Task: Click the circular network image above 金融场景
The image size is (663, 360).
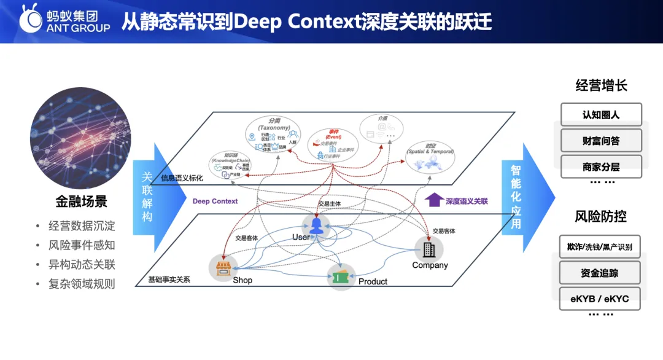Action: tap(80, 136)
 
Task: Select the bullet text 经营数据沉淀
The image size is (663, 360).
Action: tap(82, 225)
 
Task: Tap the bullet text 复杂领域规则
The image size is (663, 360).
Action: tap(82, 284)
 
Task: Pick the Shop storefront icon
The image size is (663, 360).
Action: tap(222, 267)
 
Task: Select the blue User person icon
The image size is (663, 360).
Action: tap(316, 225)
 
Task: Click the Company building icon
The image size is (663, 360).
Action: tap(428, 248)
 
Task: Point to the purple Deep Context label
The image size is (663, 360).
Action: tap(215, 202)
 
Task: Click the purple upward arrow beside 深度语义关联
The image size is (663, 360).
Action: tap(433, 200)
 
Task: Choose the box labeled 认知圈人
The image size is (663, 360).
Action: tap(601, 114)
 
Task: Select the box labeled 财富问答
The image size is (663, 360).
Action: tap(601, 141)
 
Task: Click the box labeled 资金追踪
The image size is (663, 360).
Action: tap(601, 273)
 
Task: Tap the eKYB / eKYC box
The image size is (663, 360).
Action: tap(601, 299)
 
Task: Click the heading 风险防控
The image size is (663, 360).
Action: tap(600, 216)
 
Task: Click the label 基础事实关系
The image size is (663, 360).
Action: tap(169, 280)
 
